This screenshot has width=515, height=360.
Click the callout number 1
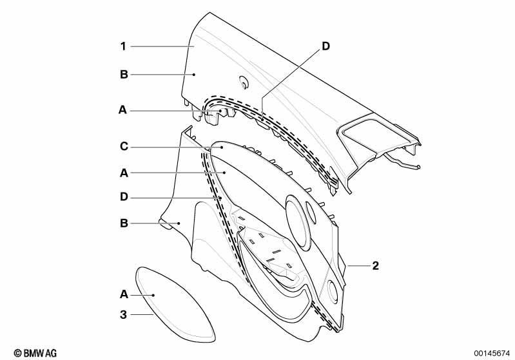(123, 46)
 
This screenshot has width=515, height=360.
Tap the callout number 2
(375, 265)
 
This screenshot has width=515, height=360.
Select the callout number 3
(123, 315)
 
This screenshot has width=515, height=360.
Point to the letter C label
(124, 146)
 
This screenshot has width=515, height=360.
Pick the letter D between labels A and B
(124, 197)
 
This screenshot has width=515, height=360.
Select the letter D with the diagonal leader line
(326, 46)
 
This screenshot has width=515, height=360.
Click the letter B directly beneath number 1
(124, 75)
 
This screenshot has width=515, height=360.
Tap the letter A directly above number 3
(124, 294)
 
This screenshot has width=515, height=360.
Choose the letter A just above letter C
(122, 110)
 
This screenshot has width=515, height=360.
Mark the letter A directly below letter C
(124, 173)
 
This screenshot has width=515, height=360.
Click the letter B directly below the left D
(124, 223)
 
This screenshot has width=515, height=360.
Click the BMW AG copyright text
(35, 353)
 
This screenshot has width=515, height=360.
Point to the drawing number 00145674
(491, 354)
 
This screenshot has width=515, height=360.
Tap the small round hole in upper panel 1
(244, 82)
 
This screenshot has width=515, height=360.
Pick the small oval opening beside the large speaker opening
(311, 213)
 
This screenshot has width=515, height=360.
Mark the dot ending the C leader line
(222, 147)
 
